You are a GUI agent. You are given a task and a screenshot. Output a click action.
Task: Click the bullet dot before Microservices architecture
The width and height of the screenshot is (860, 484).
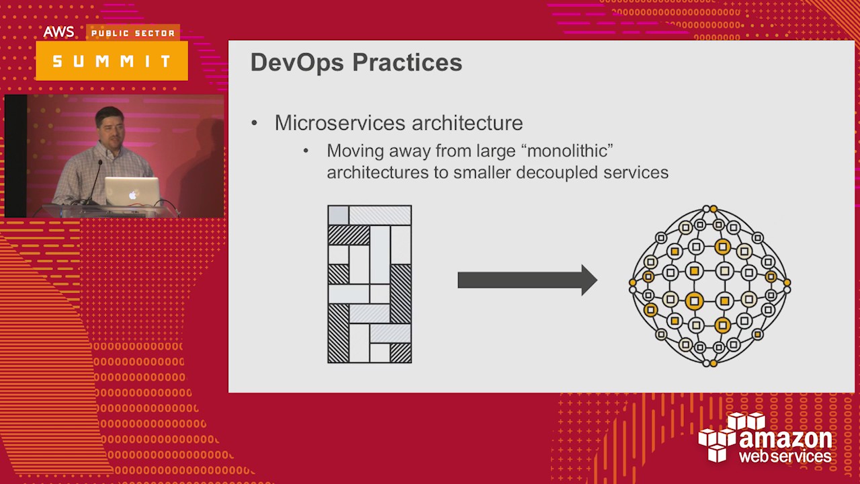click(x=254, y=124)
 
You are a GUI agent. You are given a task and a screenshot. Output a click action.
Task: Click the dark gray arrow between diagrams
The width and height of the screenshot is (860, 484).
click(x=517, y=280)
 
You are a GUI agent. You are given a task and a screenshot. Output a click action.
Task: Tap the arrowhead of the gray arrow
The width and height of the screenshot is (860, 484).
click(x=589, y=280)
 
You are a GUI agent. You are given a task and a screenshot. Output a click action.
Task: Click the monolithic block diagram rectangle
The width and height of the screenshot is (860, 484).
click(x=370, y=284)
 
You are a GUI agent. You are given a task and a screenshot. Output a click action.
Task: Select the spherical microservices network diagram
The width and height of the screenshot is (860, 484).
click(x=709, y=286)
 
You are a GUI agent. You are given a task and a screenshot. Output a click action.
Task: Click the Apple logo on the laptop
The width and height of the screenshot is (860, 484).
click(x=133, y=195)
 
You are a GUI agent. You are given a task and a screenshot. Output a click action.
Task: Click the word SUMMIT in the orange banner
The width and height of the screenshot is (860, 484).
click(x=112, y=61)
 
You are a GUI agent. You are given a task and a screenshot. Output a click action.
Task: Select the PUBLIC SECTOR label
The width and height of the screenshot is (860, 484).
click(x=132, y=33)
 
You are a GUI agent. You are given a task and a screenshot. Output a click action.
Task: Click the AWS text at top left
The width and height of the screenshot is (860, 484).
click(x=58, y=32)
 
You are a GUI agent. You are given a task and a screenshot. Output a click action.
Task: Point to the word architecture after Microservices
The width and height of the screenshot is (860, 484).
click(x=467, y=123)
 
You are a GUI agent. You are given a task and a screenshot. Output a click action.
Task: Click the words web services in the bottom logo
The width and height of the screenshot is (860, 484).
click(x=785, y=456)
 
